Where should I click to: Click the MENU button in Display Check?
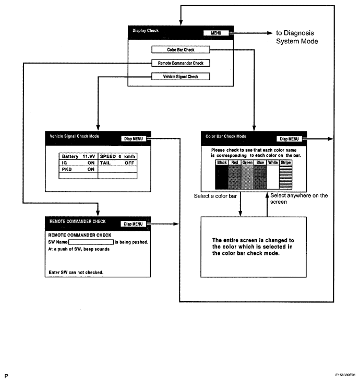[x=216, y=33]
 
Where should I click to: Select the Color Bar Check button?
[x=181, y=50]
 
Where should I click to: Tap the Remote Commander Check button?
[x=181, y=63]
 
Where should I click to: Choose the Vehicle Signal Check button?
[x=181, y=77]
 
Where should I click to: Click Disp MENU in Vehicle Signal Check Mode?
[x=134, y=139]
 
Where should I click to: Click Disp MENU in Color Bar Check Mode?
[x=290, y=139]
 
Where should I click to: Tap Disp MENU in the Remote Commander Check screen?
[x=133, y=224]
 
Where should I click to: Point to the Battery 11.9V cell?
[x=78, y=156]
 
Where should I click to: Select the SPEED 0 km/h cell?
[x=117, y=156]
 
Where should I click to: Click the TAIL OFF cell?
[x=117, y=163]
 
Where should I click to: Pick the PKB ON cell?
[x=78, y=169]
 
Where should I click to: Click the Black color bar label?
[x=222, y=163]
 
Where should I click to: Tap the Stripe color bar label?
[x=286, y=163]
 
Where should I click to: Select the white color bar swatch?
[x=273, y=177]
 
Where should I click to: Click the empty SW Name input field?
[x=91, y=242]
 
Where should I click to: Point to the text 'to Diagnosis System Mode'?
[x=297, y=37]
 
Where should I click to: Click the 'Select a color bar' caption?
[x=215, y=196]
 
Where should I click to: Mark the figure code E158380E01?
[x=345, y=375]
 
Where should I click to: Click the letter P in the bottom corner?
[x=6, y=376]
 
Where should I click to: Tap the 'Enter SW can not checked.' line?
[x=76, y=273]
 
